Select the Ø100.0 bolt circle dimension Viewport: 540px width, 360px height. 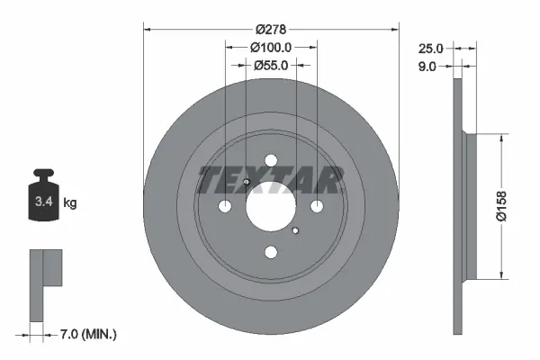pos(271,46)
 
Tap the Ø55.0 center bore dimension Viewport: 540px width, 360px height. pos(271,65)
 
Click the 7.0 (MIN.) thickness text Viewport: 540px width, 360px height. pos(87,334)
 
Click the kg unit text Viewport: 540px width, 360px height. pos(70,203)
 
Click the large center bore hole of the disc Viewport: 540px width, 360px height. pos(271,207)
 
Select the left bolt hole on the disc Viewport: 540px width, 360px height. pos(225,207)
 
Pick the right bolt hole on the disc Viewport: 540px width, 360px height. pos(317,207)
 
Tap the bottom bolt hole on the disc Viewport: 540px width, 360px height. pos(271,253)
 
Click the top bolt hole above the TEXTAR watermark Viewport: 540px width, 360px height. pos(271,161)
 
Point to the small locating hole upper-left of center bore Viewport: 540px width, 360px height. pos(247,184)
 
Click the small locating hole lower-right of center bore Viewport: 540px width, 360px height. pos(295,230)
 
